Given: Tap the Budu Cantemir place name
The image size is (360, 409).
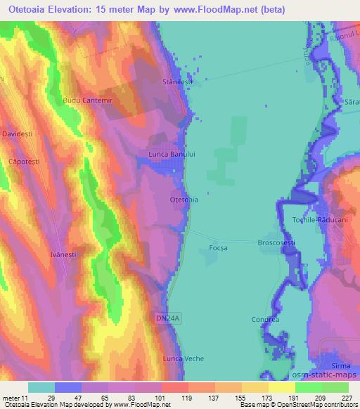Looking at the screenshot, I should tap(88, 101).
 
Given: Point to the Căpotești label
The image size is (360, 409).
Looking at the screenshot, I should tap(18, 162).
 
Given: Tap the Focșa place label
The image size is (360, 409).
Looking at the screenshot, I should tap(219, 247).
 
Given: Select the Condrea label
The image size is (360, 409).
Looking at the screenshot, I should tap(265, 320).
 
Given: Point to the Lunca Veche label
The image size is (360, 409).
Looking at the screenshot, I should tap(183, 358).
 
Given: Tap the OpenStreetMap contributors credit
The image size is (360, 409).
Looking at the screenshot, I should tap(320, 405).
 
